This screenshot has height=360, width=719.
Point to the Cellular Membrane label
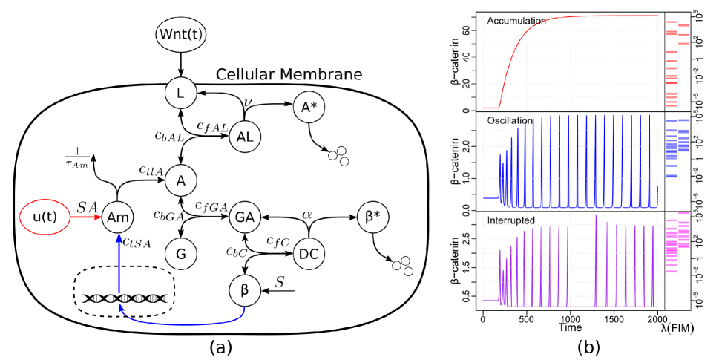(x=289, y=75)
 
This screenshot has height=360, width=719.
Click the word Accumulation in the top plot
(x=516, y=22)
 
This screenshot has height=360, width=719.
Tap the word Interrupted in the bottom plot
(x=512, y=221)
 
